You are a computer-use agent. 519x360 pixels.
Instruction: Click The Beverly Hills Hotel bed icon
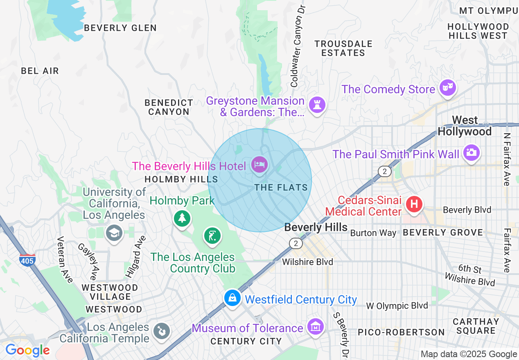pyautogui.click(x=259, y=165)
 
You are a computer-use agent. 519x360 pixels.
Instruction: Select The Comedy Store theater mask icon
pyautogui.click(x=448, y=87)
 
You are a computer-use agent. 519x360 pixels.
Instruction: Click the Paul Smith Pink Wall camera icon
pyautogui.click(x=471, y=153)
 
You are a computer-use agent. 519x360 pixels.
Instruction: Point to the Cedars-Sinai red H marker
pyautogui.click(x=414, y=203)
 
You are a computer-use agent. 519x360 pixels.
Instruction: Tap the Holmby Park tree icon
pyautogui.click(x=182, y=217)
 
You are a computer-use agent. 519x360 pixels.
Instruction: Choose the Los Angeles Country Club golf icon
pyautogui.click(x=212, y=236)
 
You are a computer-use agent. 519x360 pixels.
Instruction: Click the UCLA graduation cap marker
pyautogui.click(x=113, y=233)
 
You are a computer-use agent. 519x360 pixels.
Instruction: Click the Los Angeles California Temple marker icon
pyautogui.click(x=161, y=331)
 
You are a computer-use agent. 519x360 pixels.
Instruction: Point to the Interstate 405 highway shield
pyautogui.click(x=27, y=259)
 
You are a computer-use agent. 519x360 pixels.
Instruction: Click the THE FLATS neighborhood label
pyautogui.click(x=281, y=187)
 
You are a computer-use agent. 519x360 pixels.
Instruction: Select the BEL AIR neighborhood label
pyautogui.click(x=40, y=71)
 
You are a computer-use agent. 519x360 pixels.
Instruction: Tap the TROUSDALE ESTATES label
pyautogui.click(x=343, y=48)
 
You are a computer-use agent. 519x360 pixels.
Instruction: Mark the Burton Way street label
pyautogui.click(x=373, y=233)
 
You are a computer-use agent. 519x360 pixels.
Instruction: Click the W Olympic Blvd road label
pyautogui.click(x=397, y=306)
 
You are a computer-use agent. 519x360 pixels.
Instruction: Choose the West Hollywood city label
pyautogui.click(x=465, y=126)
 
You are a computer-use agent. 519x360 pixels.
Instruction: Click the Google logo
pyautogui.click(x=27, y=350)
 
